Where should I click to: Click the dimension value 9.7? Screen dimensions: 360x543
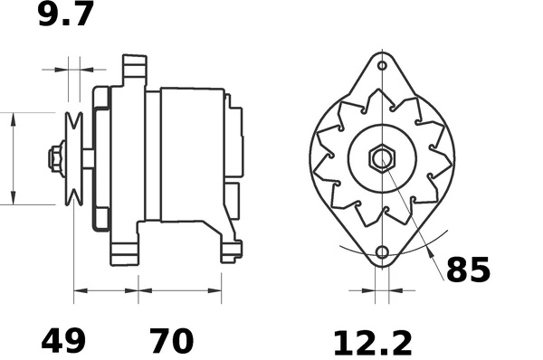coord(65,15)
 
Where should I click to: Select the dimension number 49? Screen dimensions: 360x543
coord(63,342)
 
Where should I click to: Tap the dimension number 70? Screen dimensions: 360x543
coord(171,342)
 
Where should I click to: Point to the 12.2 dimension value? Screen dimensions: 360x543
coord(372,343)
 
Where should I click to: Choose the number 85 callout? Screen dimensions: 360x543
coord(468,270)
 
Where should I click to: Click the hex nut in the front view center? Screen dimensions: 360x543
coord(382,158)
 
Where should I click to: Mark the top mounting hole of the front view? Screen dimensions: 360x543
coord(382,65)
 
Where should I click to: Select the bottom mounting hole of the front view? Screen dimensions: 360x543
coord(382,252)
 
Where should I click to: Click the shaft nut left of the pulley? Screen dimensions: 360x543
coord(55,158)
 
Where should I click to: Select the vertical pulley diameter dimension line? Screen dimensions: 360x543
coord(14,158)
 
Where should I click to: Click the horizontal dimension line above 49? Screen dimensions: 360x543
coord(106,291)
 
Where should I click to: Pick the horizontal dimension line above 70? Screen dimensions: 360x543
coord(180,291)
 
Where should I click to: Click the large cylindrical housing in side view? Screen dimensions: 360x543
coord(192,154)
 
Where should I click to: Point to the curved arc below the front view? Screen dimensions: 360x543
coord(380,241)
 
